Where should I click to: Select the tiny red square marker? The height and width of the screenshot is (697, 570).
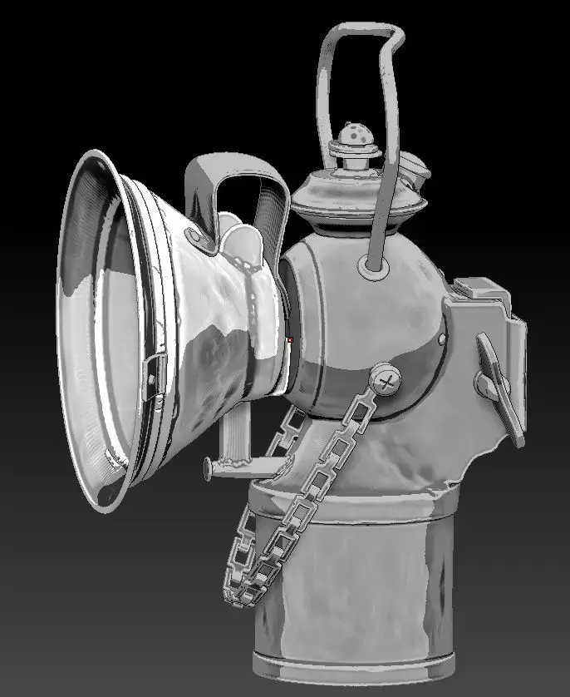[x=290, y=339]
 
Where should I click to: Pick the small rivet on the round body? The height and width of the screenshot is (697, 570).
[x=441, y=337]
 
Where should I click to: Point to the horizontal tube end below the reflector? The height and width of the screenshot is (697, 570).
[x=209, y=467]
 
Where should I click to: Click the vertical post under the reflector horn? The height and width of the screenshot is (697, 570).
[x=233, y=428]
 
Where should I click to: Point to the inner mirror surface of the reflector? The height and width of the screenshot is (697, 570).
[x=100, y=324]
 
